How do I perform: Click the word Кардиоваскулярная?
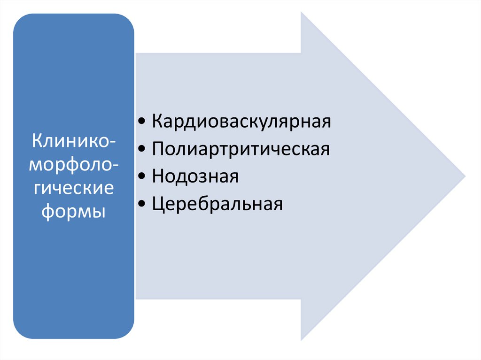point(241,122)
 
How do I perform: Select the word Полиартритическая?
point(240,149)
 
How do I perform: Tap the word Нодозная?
point(195,177)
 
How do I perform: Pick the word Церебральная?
point(217,205)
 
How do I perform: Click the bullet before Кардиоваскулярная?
point(142,123)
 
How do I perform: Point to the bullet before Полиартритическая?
point(142,150)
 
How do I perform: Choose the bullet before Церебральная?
point(142,206)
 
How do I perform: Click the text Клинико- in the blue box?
point(73,140)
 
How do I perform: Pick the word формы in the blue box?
point(73,212)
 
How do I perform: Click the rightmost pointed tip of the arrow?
point(465,176)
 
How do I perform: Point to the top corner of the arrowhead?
point(302,13)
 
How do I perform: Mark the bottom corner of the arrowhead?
point(302,340)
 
